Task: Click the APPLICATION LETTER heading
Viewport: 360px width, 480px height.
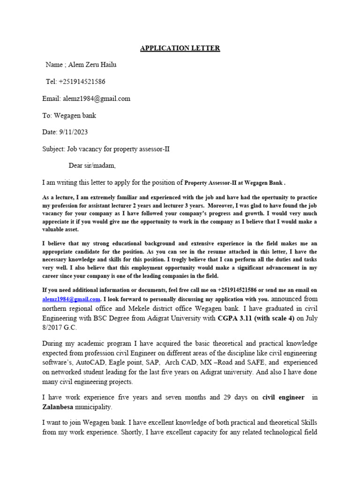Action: [180, 48]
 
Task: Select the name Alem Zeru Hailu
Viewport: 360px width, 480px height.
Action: [91, 65]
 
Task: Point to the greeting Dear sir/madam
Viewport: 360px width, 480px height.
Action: [92, 165]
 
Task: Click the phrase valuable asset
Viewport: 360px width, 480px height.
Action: [60, 230]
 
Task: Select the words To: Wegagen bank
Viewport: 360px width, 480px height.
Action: [69, 115]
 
